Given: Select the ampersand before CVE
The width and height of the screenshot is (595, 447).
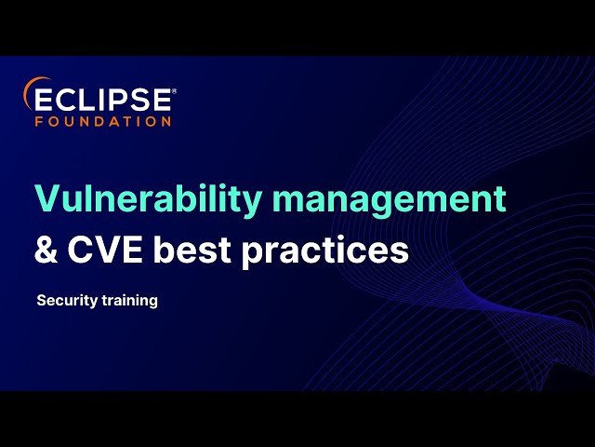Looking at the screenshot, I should (x=46, y=251).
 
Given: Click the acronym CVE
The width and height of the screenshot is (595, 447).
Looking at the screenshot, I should (x=106, y=251).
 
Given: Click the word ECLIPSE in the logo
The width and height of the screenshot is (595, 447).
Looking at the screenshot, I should (x=103, y=99).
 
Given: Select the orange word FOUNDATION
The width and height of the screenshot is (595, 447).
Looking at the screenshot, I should (x=103, y=121).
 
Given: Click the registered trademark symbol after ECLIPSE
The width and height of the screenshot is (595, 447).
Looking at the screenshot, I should (x=174, y=91).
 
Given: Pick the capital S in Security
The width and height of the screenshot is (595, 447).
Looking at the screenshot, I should (x=41, y=302).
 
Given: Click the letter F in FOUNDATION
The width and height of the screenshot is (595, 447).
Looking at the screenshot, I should (x=39, y=121).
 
